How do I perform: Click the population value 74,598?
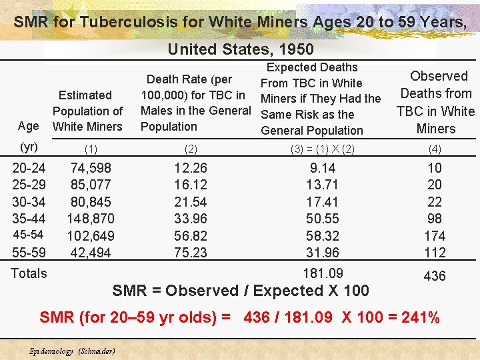91,168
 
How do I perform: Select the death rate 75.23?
190,253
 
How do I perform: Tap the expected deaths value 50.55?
322,219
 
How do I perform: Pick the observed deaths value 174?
435,236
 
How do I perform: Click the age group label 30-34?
29,202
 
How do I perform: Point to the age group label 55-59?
29,253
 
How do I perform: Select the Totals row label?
29,273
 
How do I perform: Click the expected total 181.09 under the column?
323,273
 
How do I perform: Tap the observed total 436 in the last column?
435,276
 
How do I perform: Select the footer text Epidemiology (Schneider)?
73,351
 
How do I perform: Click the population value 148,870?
91,219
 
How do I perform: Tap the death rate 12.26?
190,168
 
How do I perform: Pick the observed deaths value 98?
435,219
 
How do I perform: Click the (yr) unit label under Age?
29,147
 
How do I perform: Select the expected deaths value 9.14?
322,168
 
